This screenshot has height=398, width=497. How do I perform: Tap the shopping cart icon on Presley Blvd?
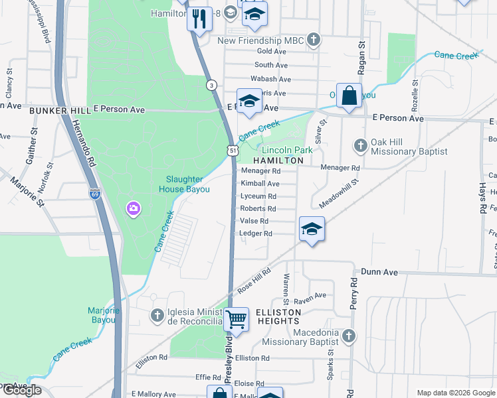click(x=236, y=319)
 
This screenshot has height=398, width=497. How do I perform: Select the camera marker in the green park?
click(x=134, y=210)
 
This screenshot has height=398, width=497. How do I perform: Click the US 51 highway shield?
click(x=233, y=151)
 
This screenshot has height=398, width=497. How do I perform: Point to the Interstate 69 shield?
click(x=94, y=194)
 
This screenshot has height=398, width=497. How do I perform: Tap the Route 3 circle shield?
click(x=211, y=85)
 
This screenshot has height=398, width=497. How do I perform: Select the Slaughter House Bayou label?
click(x=188, y=184)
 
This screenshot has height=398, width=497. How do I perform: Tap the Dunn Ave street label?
click(x=379, y=272)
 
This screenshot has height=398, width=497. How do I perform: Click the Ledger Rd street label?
click(x=256, y=233)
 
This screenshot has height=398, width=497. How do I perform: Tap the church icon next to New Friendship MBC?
click(x=314, y=40)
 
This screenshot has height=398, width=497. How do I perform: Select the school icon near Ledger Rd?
click(x=311, y=229)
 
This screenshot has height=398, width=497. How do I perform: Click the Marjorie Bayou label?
click(x=103, y=315)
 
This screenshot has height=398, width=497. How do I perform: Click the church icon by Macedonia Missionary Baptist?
click(x=348, y=335)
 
